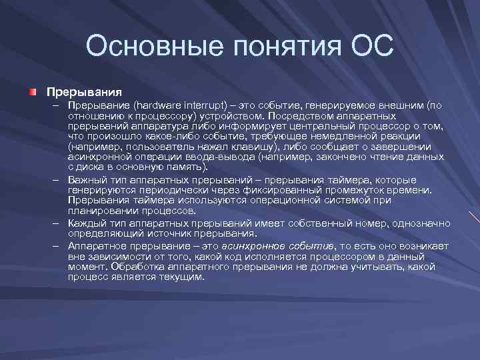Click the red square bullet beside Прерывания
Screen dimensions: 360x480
pyautogui.click(x=33, y=91)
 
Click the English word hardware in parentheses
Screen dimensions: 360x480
pyautogui.click(x=157, y=105)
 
